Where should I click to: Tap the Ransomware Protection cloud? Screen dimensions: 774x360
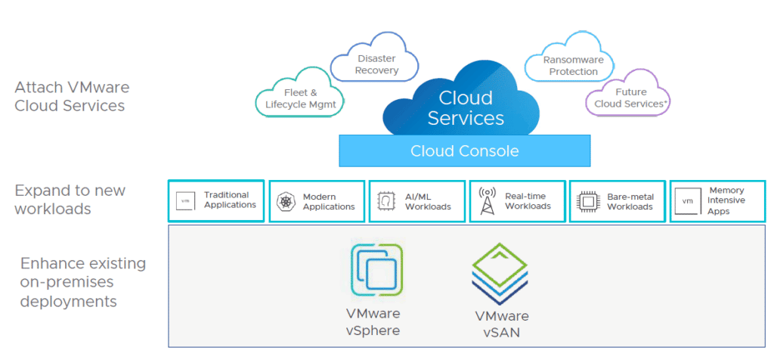570,61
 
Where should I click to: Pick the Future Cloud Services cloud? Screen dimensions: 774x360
627,96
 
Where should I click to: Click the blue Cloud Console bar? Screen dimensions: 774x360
465,151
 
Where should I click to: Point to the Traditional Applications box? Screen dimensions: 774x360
216,200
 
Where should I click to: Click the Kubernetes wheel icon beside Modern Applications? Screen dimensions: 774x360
285,201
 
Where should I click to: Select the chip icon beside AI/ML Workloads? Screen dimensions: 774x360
386,201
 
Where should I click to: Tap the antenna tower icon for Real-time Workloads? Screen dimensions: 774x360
488,201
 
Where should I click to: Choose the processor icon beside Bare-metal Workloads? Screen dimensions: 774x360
587,201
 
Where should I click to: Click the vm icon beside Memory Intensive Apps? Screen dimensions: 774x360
688,201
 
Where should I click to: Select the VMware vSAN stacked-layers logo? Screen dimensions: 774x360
500,274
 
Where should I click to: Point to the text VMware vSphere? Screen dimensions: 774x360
373,322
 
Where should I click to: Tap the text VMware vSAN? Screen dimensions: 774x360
502,324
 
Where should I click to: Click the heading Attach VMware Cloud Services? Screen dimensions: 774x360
72,97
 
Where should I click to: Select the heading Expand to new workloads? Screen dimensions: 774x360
70,200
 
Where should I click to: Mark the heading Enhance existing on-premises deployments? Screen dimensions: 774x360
83,282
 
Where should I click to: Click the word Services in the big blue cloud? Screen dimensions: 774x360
466,119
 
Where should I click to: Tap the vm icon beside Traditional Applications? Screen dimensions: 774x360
186,201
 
